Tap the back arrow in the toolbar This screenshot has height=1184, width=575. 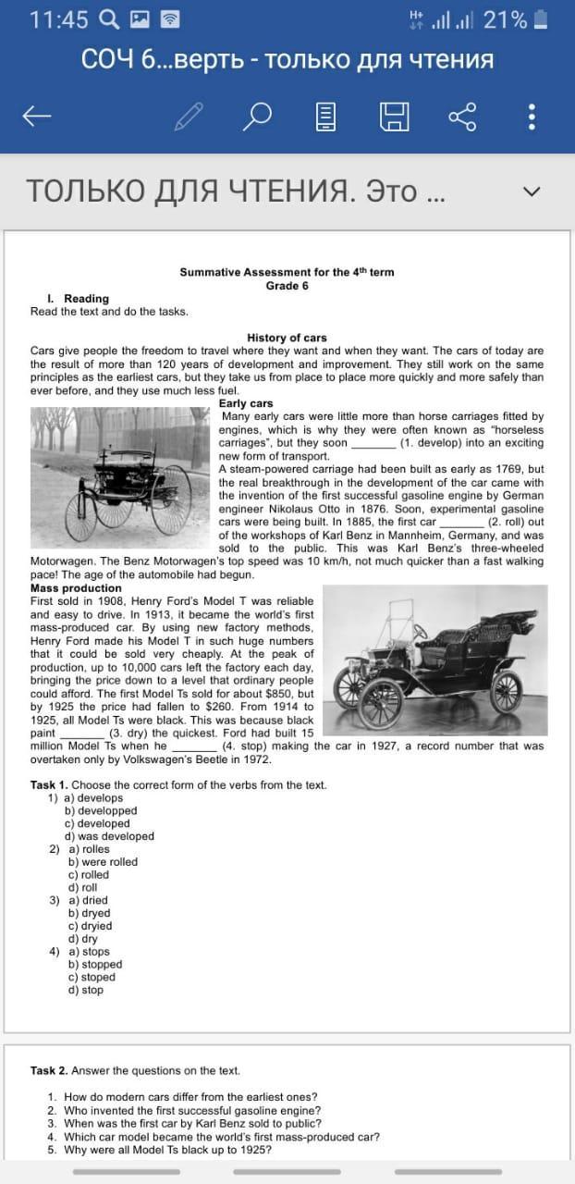(37, 116)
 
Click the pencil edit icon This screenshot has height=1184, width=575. (189, 116)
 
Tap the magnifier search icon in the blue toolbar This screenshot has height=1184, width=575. (258, 116)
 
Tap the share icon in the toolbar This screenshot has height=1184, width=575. (462, 116)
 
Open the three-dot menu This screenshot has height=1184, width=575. (531, 116)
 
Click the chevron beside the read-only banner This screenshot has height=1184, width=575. (531, 191)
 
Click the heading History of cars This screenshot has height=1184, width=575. (287, 338)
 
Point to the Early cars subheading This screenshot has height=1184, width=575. (246, 403)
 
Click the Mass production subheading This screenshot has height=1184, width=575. (76, 587)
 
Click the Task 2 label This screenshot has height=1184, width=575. (49, 1070)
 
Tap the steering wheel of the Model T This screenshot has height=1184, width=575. (420, 631)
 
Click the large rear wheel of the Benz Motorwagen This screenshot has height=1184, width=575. (171, 499)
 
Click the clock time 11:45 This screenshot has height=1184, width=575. (59, 19)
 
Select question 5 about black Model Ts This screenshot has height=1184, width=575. (166, 1150)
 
